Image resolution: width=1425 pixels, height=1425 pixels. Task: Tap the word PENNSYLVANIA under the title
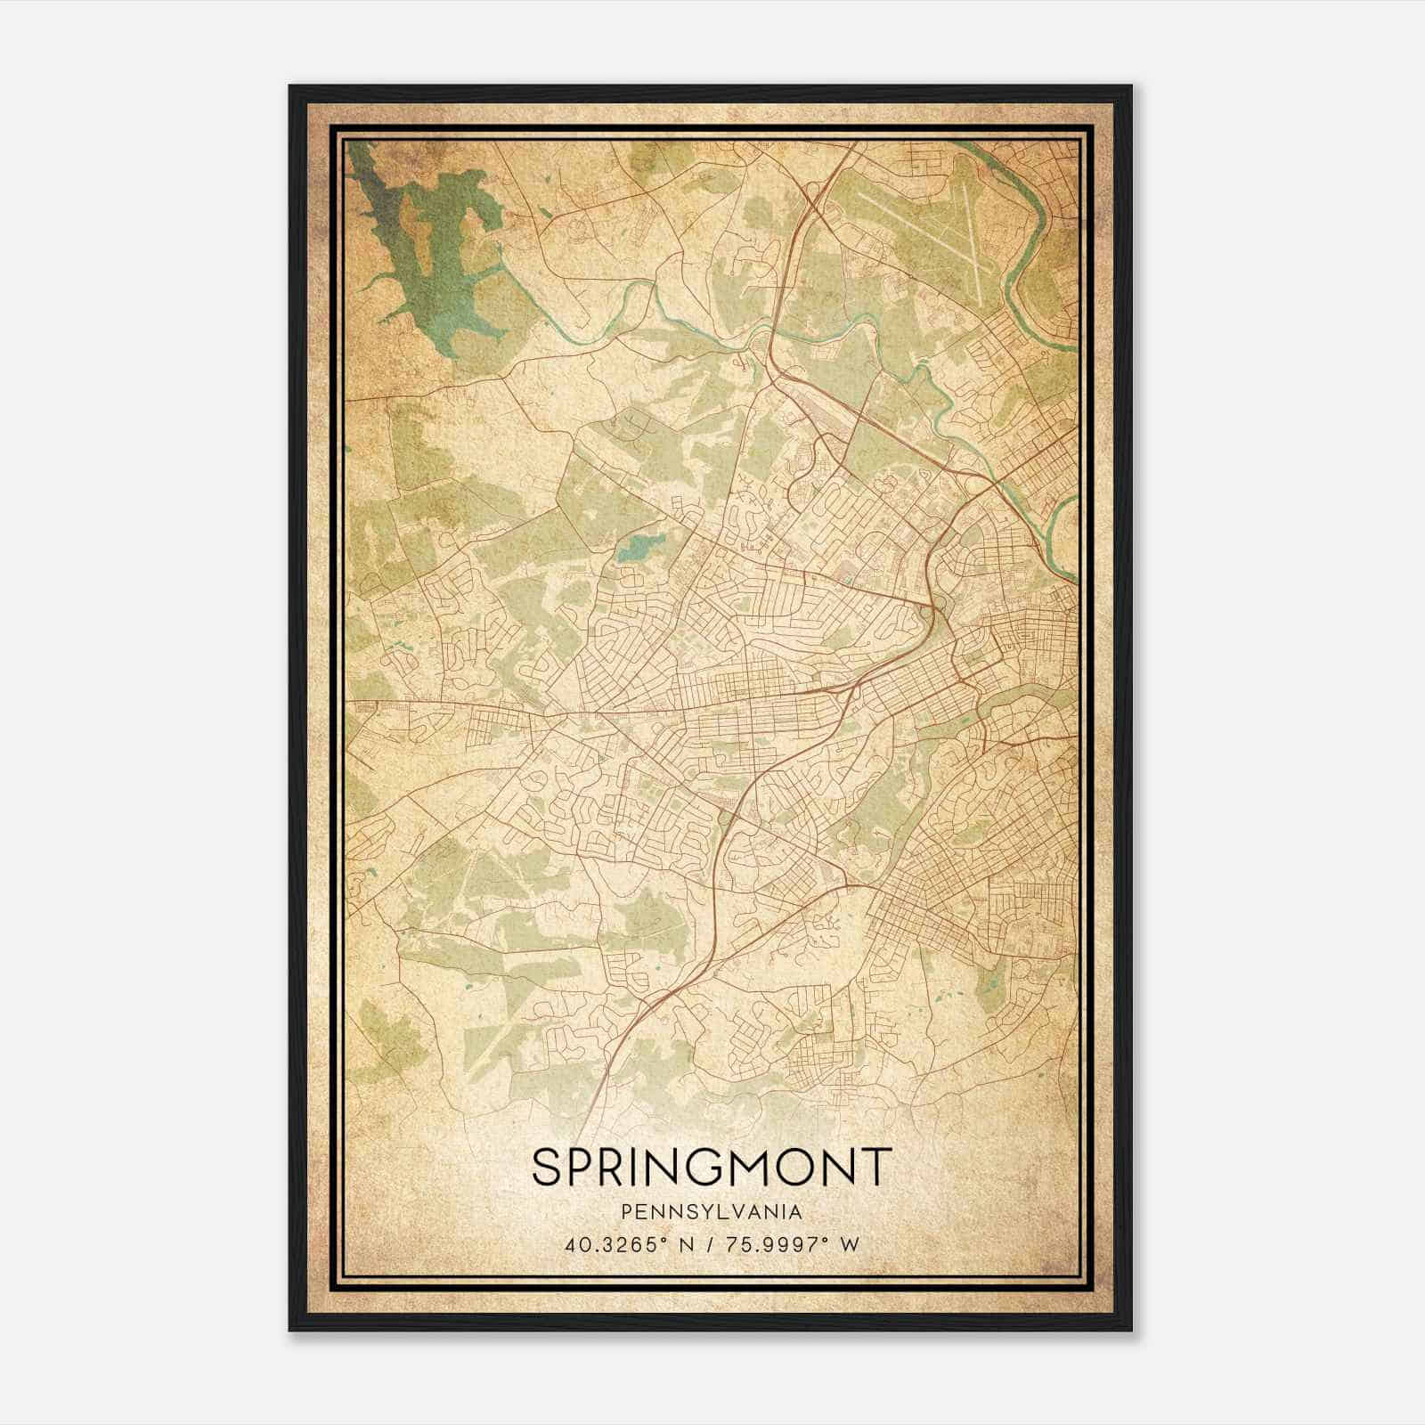pyautogui.click(x=711, y=1213)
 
